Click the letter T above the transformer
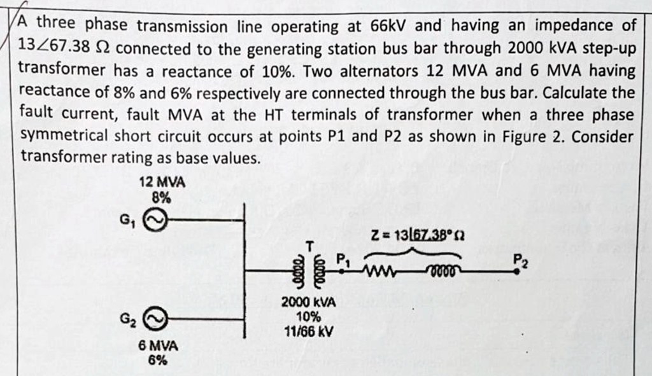point(310,246)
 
